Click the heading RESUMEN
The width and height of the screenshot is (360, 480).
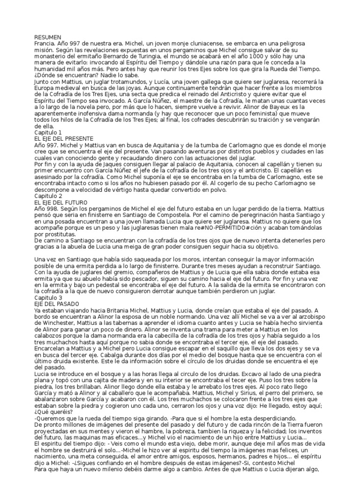(x=48, y=37)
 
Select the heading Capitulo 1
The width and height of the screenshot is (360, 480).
(x=48, y=133)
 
